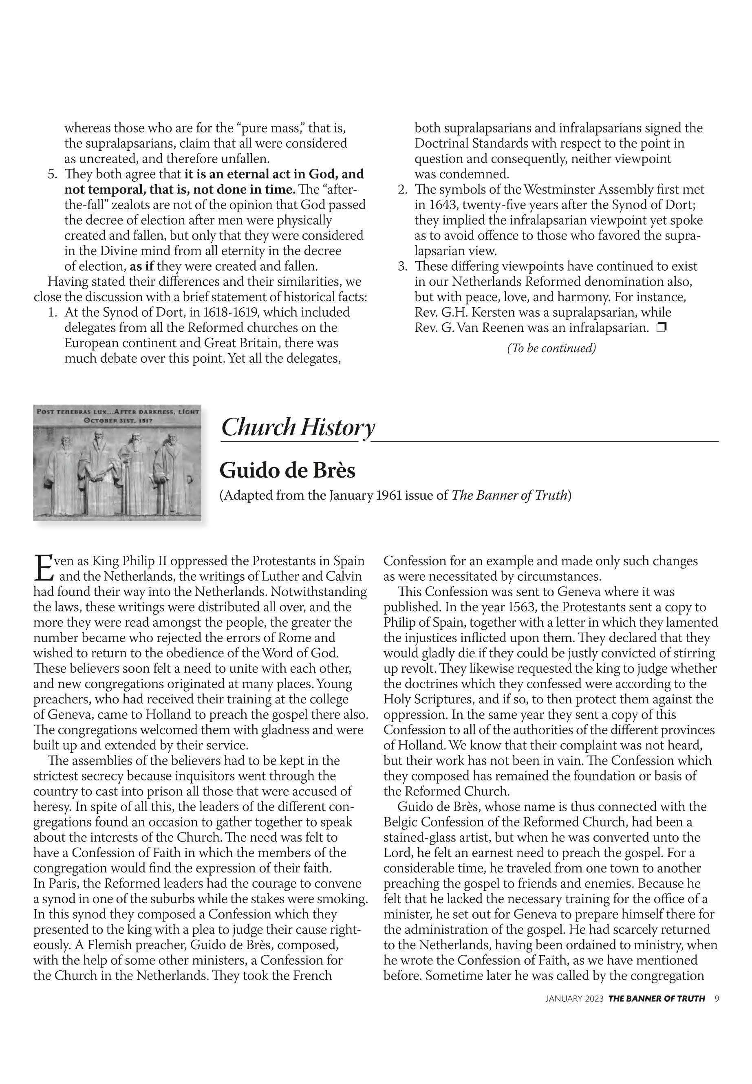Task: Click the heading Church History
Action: point(298,428)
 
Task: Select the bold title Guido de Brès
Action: point(287,471)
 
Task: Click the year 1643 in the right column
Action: point(441,205)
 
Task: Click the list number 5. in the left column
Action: point(53,174)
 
